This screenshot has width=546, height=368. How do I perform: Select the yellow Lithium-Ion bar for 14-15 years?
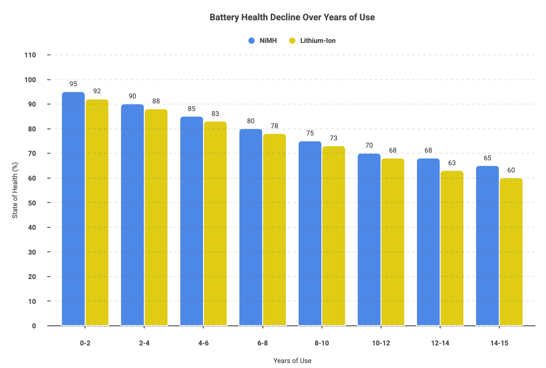(x=511, y=252)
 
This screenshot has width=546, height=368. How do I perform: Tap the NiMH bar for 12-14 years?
(x=428, y=242)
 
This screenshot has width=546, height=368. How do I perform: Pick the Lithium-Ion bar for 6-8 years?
(x=274, y=230)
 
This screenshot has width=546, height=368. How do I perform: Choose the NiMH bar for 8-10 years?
(x=310, y=233)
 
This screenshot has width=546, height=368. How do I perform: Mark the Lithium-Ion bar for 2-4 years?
(x=156, y=217)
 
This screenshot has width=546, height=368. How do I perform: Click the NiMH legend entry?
(x=259, y=41)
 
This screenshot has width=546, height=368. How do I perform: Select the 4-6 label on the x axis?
(x=203, y=343)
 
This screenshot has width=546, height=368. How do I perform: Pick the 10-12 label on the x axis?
(x=381, y=343)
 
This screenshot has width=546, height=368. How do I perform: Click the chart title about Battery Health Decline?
(x=292, y=18)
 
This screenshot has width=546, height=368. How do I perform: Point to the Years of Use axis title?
(x=292, y=361)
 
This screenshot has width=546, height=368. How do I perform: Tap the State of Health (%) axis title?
(x=15, y=191)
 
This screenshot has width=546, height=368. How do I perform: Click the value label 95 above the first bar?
(x=73, y=84)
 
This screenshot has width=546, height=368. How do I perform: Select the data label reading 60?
(x=511, y=170)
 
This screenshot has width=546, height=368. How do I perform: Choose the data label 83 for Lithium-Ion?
(x=215, y=113)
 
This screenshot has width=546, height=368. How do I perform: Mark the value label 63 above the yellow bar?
(x=452, y=163)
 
